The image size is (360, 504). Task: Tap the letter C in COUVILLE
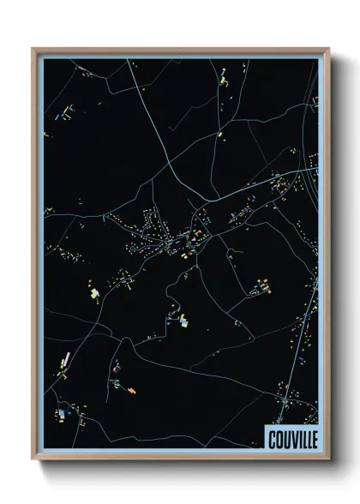tap(272, 439)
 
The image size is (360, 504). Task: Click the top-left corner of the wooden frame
tap(33, 49)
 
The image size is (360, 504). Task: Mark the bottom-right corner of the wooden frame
tap(328, 459)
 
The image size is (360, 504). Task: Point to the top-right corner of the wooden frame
tap(328, 49)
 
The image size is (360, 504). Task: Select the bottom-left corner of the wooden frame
tap(33, 459)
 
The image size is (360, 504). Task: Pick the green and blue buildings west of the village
tap(93, 293)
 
